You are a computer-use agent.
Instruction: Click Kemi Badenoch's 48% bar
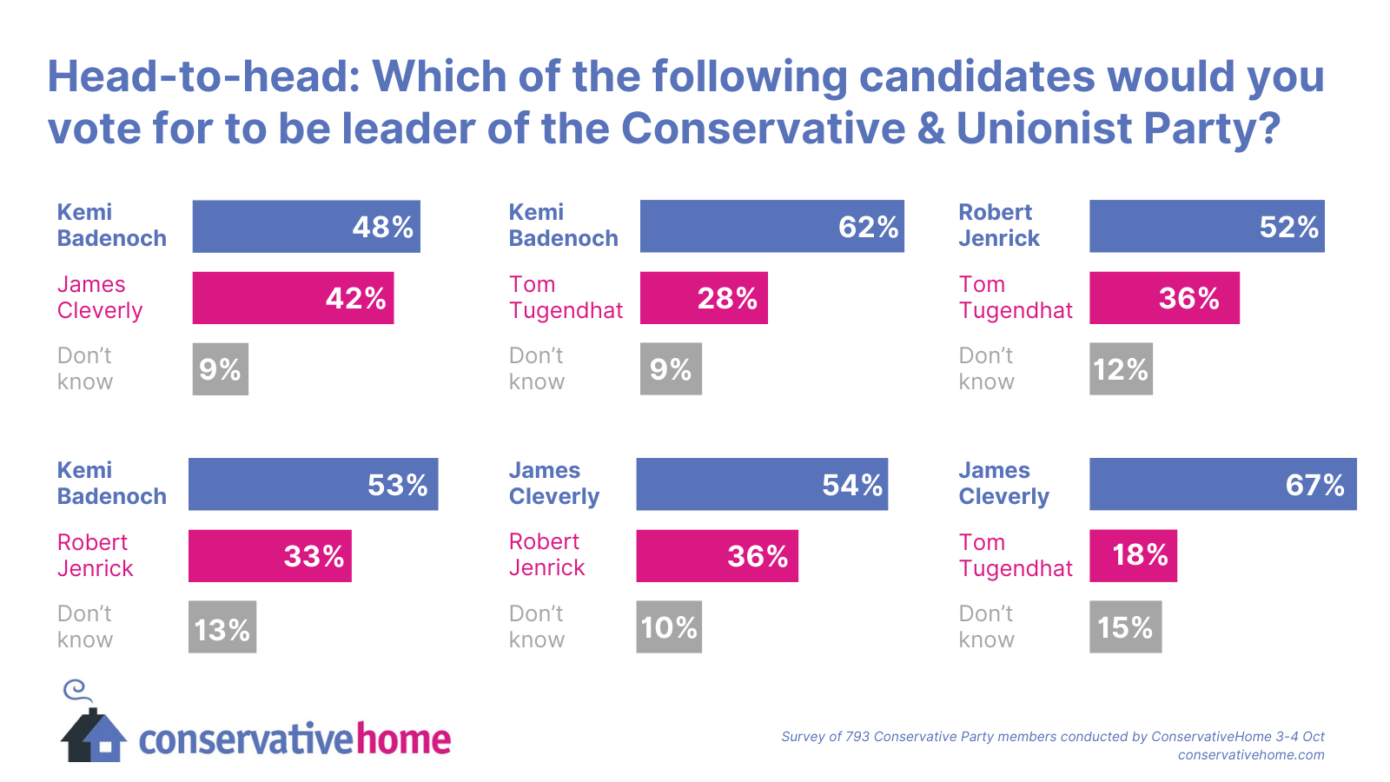tap(306, 227)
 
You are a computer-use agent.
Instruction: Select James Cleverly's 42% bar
tap(293, 298)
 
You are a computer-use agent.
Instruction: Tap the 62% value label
tap(868, 227)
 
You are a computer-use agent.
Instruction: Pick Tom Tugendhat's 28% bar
tap(704, 298)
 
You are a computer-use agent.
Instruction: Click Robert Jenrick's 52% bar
tap(1207, 227)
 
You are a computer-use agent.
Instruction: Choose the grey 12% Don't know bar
tap(1121, 369)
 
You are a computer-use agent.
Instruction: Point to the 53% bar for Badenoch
tap(313, 484)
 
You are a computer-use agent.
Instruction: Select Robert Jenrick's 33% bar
tap(269, 556)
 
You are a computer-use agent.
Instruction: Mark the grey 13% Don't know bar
tap(222, 627)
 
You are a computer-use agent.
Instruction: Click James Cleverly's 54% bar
tap(762, 484)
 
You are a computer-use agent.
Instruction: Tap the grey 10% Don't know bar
tap(669, 627)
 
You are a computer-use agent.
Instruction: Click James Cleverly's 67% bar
tap(1222, 484)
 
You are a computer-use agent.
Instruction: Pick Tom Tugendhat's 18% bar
tap(1133, 556)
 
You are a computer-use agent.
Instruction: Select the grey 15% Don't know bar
tap(1125, 627)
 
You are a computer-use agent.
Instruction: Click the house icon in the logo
tap(93, 737)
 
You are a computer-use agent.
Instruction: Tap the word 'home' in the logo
tap(404, 739)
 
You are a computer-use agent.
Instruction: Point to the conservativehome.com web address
tap(1251, 755)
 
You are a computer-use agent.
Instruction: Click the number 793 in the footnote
tap(857, 737)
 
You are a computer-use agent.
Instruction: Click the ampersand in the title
tap(931, 129)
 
